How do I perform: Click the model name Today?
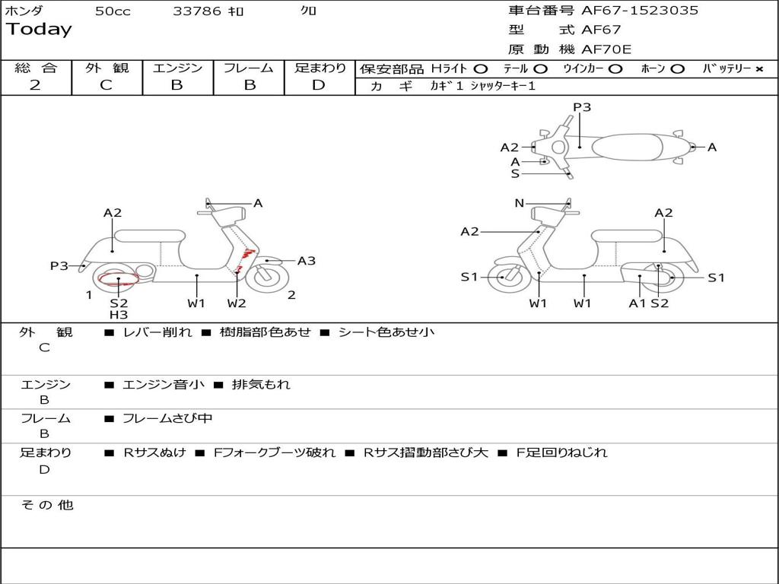39,30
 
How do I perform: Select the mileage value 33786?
197,11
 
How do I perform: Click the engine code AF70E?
606,49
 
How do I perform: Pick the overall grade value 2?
35,85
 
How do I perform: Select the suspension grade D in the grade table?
319,85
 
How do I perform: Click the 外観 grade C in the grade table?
106,85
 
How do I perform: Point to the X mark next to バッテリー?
758,69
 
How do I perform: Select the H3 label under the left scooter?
118,315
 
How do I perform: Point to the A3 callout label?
307,261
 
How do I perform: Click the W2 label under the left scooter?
237,303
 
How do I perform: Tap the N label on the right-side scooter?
520,203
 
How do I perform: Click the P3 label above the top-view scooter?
582,107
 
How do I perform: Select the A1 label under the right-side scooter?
637,303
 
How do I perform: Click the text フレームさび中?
167,418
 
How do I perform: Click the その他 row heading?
46,505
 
